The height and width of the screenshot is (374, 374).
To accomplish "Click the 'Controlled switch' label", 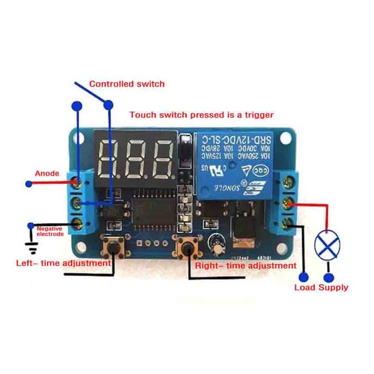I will (x=127, y=84).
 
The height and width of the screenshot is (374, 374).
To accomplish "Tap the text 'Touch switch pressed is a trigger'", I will (x=201, y=115).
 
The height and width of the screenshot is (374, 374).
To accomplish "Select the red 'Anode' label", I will (x=47, y=173).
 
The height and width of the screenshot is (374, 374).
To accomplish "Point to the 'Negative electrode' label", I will (x=50, y=231).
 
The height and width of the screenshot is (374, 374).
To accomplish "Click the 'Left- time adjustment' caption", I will (x=64, y=263).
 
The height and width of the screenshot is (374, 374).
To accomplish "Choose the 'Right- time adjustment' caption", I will (x=245, y=266).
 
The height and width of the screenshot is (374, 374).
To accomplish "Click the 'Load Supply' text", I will (x=321, y=287).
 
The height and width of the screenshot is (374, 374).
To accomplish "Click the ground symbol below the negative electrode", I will (x=32, y=246).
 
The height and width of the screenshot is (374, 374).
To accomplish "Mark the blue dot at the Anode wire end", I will (x=28, y=184).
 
